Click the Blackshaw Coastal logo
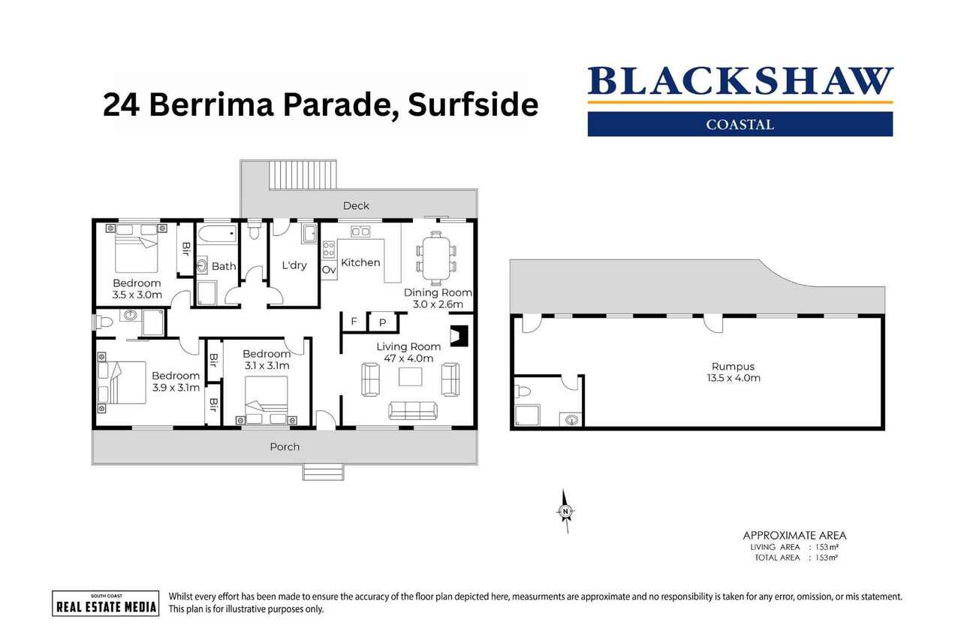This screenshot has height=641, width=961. [740, 101]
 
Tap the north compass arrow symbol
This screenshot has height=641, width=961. [565, 511]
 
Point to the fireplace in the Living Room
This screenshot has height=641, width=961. [458, 335]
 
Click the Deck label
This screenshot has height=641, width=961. [356, 205]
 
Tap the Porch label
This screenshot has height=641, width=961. [285, 446]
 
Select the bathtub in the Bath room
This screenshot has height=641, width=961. [218, 234]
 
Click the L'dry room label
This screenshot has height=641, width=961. [294, 265]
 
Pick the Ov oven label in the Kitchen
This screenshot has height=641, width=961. [329, 269]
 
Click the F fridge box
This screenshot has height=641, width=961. [354, 322]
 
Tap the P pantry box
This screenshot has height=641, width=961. [382, 322]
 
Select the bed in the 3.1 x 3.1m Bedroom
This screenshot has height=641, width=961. [267, 399]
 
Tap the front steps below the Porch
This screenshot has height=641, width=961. [323, 472]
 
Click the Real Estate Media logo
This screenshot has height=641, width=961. [105, 603]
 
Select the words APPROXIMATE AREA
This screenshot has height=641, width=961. [794, 535]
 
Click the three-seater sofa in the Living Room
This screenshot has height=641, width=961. [412, 410]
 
